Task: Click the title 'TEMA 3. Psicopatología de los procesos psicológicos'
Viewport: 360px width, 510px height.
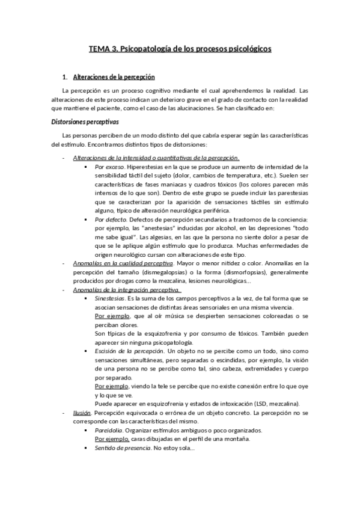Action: (x=180, y=48)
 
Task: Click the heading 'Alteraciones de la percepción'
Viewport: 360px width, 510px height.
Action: (x=114, y=78)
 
